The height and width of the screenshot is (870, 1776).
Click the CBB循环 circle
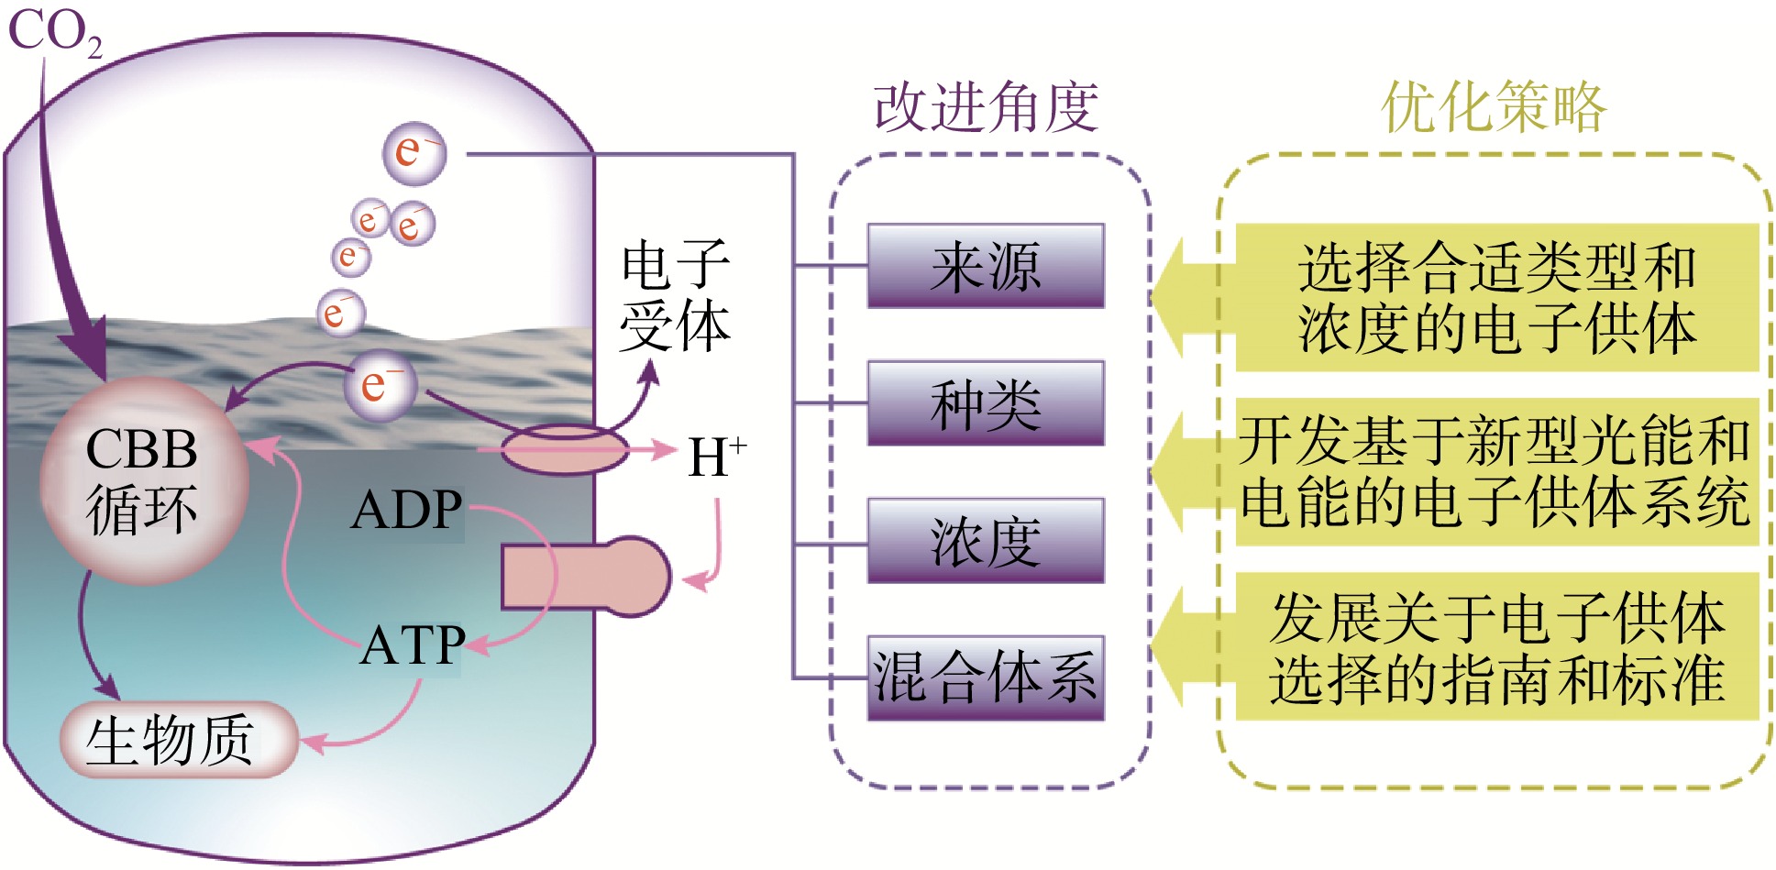coord(143,479)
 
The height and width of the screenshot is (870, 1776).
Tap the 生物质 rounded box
coord(179,739)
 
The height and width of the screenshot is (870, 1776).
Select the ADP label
coord(406,511)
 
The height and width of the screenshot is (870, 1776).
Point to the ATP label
coord(413,645)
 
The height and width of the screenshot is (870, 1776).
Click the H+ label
coord(716,457)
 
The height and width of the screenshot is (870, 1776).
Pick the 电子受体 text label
coord(675,295)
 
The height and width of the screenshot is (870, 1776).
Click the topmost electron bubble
coord(414,153)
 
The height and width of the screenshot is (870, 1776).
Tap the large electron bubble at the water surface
coord(380,385)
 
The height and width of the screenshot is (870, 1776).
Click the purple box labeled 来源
coord(986,266)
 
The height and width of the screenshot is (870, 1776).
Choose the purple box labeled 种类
coord(986,403)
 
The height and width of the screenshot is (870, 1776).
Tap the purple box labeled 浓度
coord(986,541)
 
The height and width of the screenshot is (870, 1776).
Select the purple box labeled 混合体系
coord(986,678)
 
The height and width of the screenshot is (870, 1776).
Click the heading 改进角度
coord(986,107)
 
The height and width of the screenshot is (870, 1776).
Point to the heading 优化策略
coord(1494,107)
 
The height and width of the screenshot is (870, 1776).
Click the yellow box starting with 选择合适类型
coord(1496,298)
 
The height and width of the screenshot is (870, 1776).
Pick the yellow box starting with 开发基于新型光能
coord(1496,471)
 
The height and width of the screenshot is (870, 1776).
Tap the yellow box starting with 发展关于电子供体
coord(1496,646)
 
